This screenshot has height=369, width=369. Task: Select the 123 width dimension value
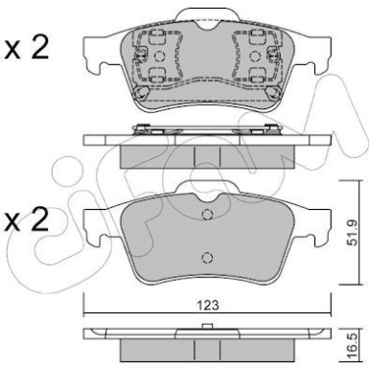click(208, 304)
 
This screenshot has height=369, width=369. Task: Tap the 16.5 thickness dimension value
click(350, 342)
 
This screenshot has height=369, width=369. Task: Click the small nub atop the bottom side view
click(208, 328)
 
